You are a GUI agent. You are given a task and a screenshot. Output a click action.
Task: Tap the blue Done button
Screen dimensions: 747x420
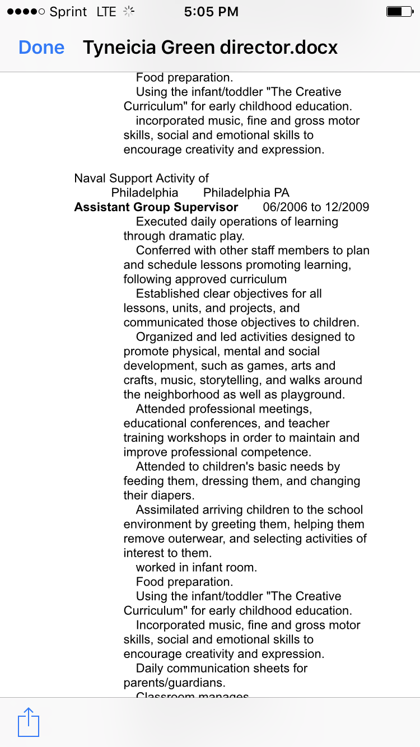[41, 48]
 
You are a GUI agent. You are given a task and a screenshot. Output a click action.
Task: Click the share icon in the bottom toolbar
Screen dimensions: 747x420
[29, 722]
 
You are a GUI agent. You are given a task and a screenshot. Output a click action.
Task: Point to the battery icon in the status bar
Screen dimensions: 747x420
[398, 12]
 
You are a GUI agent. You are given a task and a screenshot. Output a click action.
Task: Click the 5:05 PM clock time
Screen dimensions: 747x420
[211, 12]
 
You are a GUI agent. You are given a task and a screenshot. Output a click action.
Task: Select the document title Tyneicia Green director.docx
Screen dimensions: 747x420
[210, 48]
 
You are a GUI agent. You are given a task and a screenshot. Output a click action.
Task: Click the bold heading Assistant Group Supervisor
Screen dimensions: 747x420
[156, 207]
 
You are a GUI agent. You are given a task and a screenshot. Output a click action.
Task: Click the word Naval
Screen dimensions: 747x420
[90, 179]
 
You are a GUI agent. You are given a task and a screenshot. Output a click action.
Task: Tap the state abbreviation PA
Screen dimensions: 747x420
[281, 193]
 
